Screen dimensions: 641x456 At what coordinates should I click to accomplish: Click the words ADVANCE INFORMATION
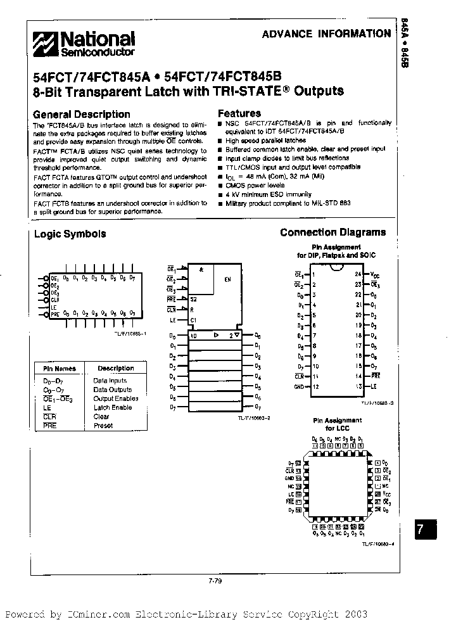(x=326, y=34)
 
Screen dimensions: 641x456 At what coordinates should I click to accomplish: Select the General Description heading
(x=81, y=115)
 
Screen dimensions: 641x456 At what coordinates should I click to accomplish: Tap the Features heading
(x=239, y=114)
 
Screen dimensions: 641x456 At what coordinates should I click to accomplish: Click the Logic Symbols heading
(x=70, y=234)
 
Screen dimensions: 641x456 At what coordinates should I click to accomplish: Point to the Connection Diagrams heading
(x=332, y=232)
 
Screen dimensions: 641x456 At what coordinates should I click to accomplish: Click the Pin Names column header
(x=59, y=368)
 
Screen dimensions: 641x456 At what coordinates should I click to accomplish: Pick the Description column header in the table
(x=116, y=368)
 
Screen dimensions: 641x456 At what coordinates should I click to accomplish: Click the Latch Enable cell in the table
(x=113, y=407)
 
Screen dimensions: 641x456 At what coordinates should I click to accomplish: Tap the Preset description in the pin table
(x=103, y=426)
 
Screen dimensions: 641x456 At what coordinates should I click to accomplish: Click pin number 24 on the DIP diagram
(x=358, y=274)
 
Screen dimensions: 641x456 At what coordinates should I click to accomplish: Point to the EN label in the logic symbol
(x=227, y=279)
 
